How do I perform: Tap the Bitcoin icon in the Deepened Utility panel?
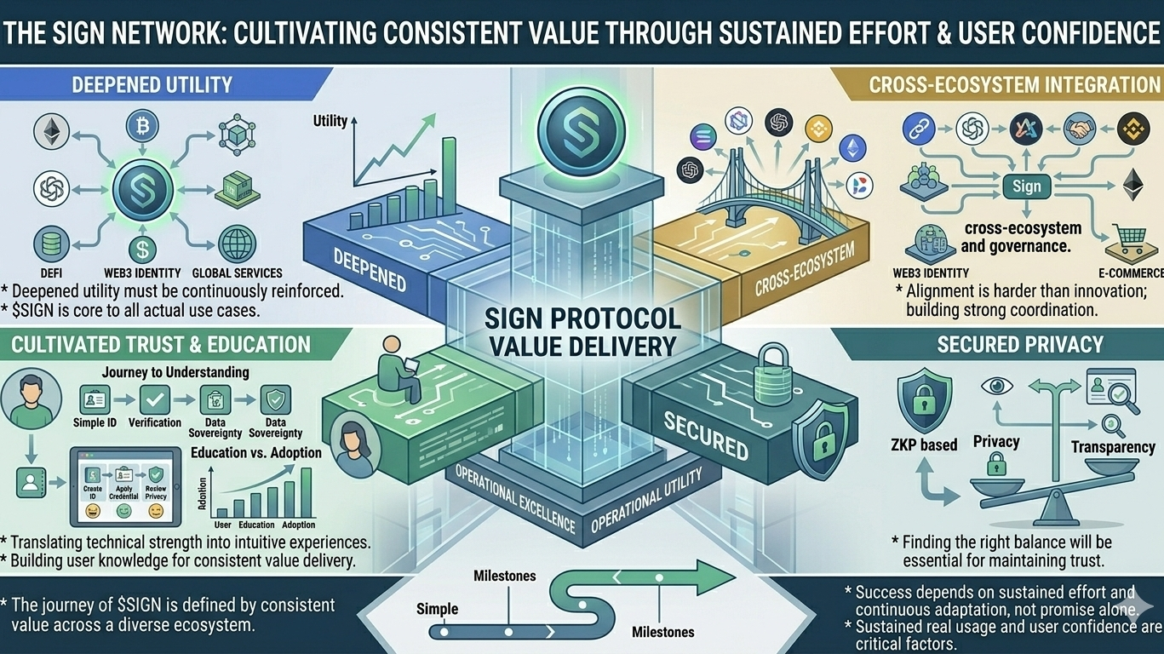pyautogui.click(x=142, y=126)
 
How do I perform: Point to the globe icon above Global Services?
pyautogui.click(x=237, y=244)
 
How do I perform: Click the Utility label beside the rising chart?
pyautogui.click(x=330, y=121)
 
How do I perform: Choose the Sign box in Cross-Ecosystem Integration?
pyautogui.click(x=1026, y=186)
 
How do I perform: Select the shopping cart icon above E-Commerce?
pyautogui.click(x=1127, y=242)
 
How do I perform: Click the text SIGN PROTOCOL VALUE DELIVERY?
pyautogui.click(x=582, y=332)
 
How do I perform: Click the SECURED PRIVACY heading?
pyautogui.click(x=1020, y=344)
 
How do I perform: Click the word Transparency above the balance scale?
pyautogui.click(x=1112, y=446)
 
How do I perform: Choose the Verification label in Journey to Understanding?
pyautogui.click(x=155, y=422)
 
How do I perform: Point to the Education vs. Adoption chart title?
pyautogui.click(x=255, y=452)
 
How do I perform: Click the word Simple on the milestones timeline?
pyautogui.click(x=438, y=609)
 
